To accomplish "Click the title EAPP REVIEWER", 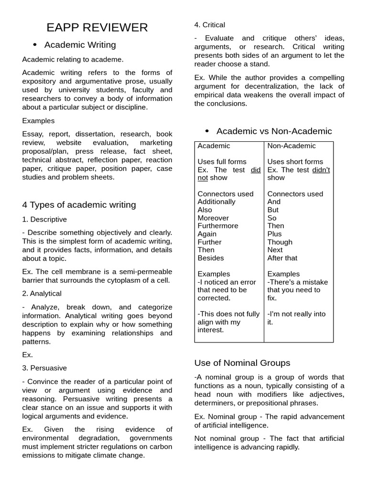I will click(97, 28).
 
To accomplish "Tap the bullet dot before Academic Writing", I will click(35, 45).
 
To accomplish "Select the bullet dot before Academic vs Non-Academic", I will click(207, 131).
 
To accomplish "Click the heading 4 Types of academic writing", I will click(79, 205).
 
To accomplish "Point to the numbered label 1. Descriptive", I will click(44, 219).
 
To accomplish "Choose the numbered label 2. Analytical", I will click(42, 293).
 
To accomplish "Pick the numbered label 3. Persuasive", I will click(44, 368).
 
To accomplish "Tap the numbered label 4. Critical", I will click(209, 25).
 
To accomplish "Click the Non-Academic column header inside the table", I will click(291, 146).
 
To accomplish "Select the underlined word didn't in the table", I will click(321, 170).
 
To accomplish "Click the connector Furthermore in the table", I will click(218, 226).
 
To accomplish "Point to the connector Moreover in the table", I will click(213, 218).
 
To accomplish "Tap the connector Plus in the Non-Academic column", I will click(274, 234).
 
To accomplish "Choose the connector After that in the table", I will click(282, 258).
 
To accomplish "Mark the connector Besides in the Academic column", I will click(211, 258).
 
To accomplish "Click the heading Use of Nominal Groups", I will click(242, 363).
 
